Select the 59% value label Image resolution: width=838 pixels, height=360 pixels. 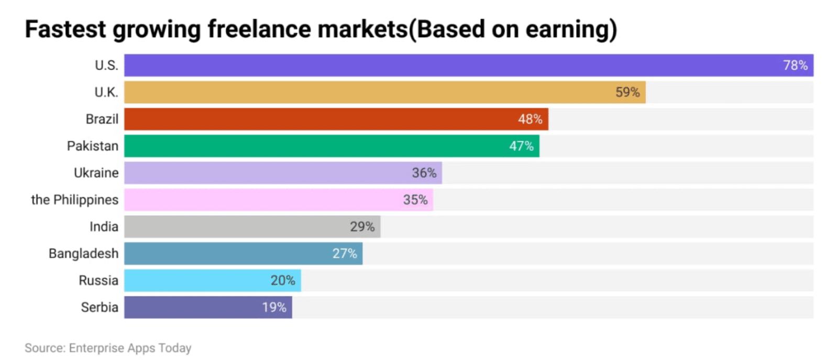627,92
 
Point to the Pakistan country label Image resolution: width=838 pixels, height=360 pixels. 93,146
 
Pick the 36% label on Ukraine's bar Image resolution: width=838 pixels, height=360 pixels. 424,173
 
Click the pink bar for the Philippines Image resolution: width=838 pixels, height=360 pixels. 262,200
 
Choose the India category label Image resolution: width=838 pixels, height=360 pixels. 104,227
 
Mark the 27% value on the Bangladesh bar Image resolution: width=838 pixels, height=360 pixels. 344,254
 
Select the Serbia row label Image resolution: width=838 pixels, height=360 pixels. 100,308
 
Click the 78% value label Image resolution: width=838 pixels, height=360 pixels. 795,66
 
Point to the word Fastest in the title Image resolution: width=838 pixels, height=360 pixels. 65,29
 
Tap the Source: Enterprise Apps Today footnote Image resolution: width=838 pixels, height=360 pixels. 108,348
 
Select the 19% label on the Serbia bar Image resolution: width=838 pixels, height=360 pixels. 274,308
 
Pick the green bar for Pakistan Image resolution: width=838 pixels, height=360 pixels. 314,146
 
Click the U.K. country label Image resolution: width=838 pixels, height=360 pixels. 106,93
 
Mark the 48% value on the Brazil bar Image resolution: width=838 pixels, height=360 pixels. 530,119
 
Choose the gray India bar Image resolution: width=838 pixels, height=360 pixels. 236,227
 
